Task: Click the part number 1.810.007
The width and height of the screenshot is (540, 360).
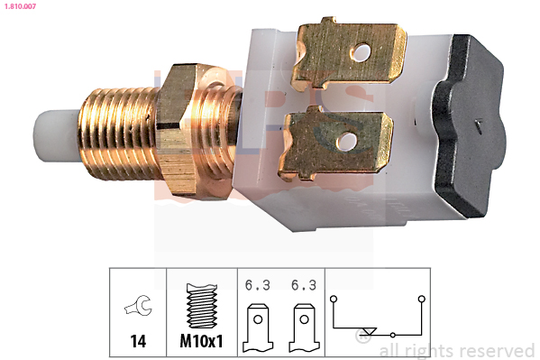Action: click(x=20, y=6)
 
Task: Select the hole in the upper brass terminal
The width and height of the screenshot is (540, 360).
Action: click(x=362, y=52)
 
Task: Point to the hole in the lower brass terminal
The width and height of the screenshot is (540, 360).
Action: click(x=347, y=141)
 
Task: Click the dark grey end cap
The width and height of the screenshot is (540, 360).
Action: click(x=470, y=125)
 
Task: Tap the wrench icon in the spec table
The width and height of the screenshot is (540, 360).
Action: click(x=138, y=305)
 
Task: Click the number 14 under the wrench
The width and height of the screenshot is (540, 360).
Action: click(x=138, y=341)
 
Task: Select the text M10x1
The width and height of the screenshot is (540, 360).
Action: click(x=201, y=341)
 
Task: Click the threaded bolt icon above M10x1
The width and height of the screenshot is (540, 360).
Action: click(x=201, y=306)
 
